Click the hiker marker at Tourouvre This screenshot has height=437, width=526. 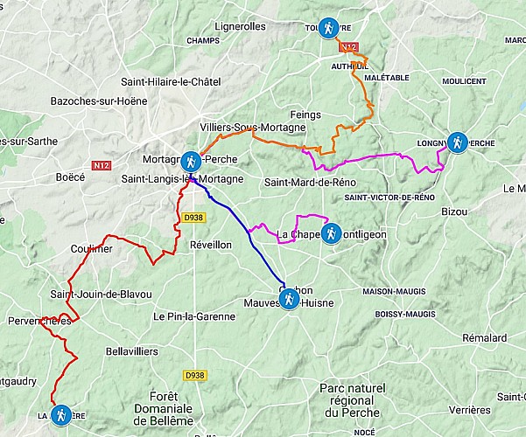click(x=328, y=28)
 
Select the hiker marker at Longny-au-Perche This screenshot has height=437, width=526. click(x=456, y=142)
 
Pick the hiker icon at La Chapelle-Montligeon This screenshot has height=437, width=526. click(x=331, y=233)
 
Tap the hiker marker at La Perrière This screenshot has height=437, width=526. click(x=60, y=415)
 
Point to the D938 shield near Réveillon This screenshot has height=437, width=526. click(x=193, y=218)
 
